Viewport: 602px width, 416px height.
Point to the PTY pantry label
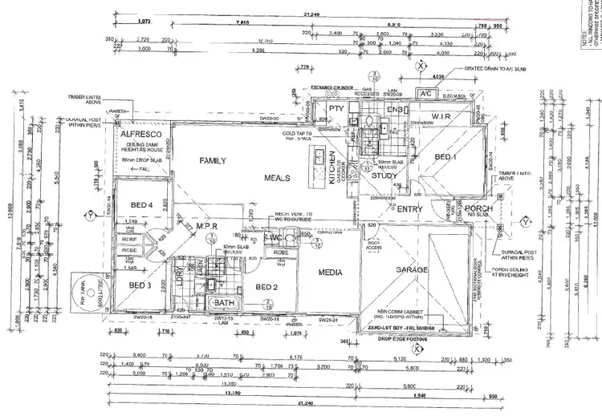pos(336,107)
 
